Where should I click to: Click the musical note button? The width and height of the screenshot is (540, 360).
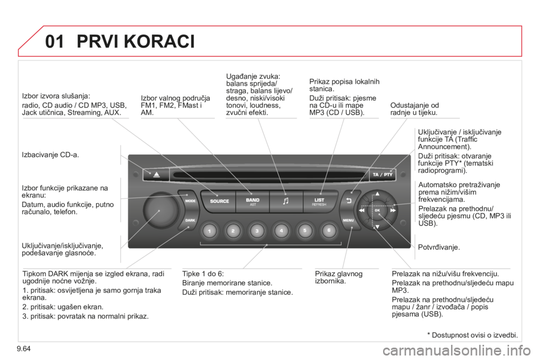pyautogui.click(x=285, y=201)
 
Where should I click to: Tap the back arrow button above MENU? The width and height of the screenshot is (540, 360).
pyautogui.click(x=348, y=201)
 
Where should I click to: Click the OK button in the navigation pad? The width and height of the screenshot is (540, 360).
pyautogui.click(x=377, y=210)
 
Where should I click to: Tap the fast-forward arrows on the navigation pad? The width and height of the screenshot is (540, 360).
pyautogui.click(x=393, y=210)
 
